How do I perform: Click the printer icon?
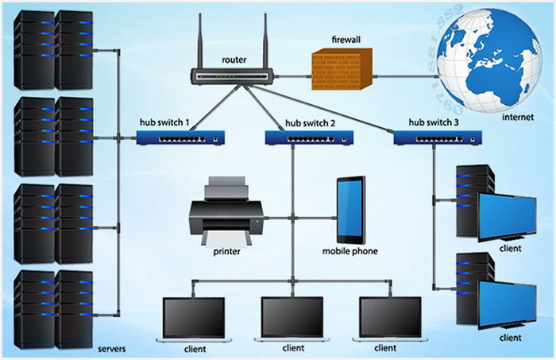click(x=226, y=210)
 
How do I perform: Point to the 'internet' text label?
click(x=516, y=118)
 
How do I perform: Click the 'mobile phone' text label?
click(x=349, y=252)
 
